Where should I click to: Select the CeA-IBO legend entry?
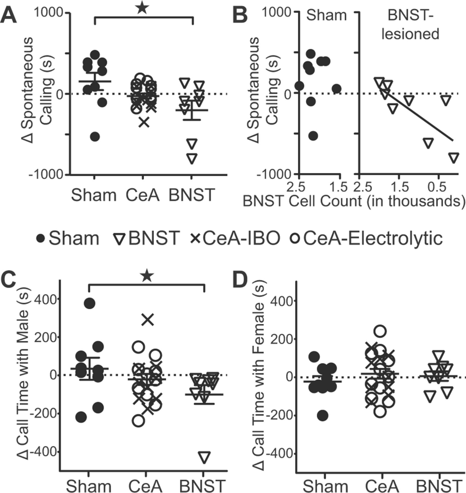click(235, 238)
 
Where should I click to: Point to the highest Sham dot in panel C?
click(90, 303)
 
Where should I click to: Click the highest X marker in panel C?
click(148, 320)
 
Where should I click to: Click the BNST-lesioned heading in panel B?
click(410, 25)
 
